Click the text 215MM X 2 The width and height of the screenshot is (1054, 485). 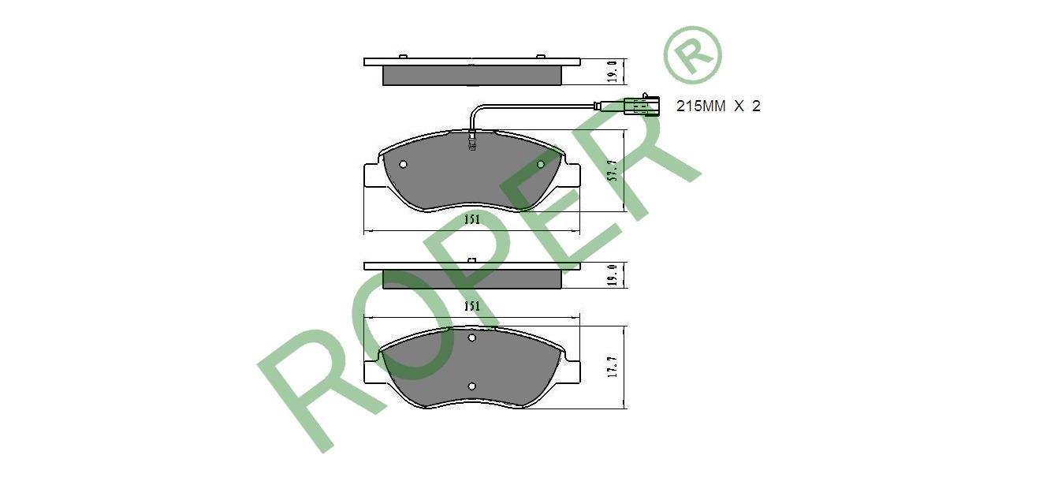tap(718, 106)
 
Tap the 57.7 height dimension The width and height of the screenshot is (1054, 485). tap(613, 170)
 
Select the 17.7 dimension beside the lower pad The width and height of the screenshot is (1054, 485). tap(613, 367)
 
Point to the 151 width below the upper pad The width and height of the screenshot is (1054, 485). tap(472, 219)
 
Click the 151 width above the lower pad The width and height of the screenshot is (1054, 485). tap(472, 306)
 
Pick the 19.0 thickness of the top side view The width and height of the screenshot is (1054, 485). tap(613, 72)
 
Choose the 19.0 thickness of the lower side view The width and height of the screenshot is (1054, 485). tap(613, 275)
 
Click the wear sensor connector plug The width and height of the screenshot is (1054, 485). tap(642, 105)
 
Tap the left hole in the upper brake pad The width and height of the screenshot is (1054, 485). tap(403, 164)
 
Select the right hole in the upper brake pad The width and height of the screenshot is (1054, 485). tap(541, 164)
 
